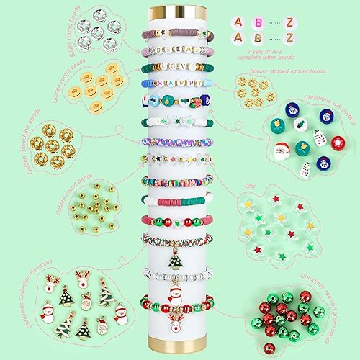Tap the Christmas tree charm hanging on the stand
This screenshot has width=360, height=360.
[x=174, y=257]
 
